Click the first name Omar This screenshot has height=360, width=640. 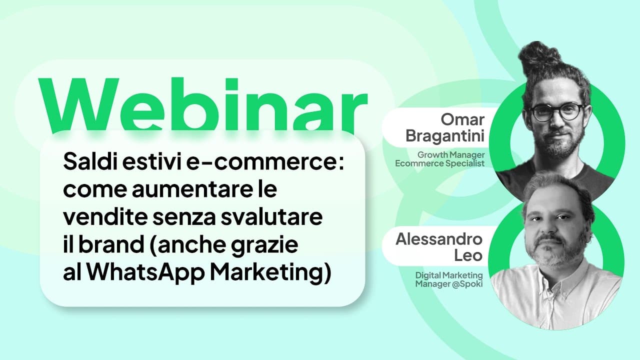[x=462, y=120]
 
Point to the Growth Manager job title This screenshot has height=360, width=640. [x=451, y=155]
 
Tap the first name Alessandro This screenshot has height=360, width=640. [x=439, y=239]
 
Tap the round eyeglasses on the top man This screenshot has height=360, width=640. [x=556, y=111]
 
